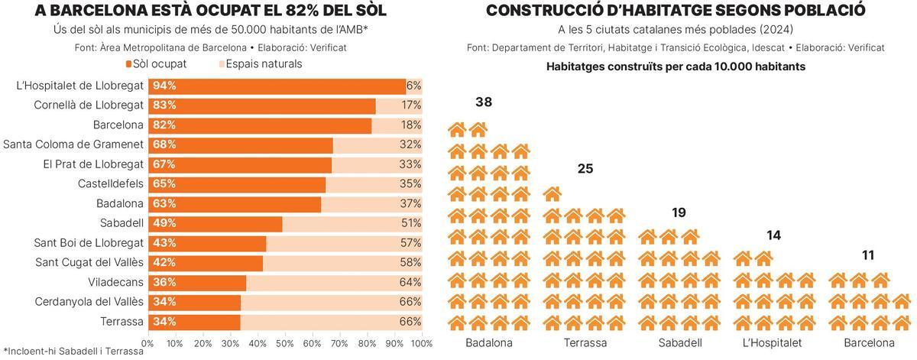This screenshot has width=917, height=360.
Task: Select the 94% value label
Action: tap(164, 86)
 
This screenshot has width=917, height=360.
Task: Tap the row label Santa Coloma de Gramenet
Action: tap(73, 144)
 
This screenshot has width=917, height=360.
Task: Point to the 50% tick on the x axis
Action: tap(285, 344)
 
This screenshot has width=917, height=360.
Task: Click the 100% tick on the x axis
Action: tap(421, 344)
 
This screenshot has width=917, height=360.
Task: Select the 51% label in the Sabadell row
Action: tap(411, 223)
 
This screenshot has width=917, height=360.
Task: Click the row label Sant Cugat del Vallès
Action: tap(89, 263)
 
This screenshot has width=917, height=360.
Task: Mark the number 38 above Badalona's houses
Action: tap(483, 102)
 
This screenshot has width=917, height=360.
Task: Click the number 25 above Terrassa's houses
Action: tap(585, 169)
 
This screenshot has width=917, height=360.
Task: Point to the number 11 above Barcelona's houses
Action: tap(867, 255)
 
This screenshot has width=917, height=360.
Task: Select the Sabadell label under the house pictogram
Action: tap(679, 343)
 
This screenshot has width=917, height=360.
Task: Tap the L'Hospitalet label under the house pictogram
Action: tap(773, 343)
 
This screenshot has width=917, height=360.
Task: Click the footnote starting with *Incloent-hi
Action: tap(73, 352)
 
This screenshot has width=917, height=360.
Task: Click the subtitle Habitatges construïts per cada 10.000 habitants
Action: tap(676, 66)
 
